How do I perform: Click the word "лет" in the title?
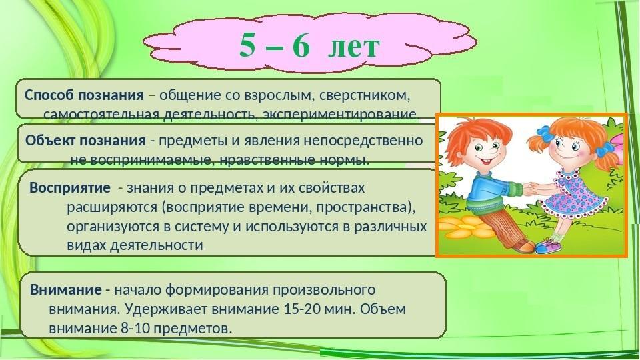354,47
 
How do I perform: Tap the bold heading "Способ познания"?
84,96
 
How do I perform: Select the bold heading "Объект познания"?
85,141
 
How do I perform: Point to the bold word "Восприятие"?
70,188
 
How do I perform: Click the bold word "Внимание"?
66,290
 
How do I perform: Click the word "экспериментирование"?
341,115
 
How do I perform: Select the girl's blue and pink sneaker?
548,246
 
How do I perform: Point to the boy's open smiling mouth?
487,161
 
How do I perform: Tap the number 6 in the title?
301,45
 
